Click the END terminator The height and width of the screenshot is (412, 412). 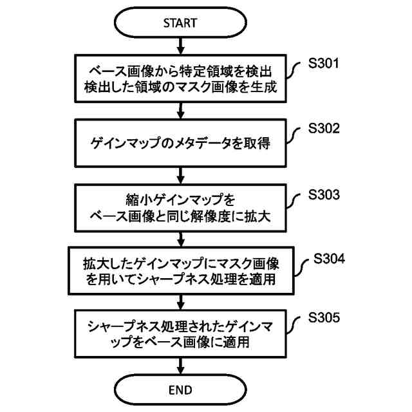click(180, 389)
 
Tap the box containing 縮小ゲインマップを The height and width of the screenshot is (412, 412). click(180, 208)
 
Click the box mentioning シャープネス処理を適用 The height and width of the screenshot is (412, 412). click(180, 271)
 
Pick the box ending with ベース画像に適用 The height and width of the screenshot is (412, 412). click(180, 334)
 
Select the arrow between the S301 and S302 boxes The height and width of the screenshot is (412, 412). click(180, 111)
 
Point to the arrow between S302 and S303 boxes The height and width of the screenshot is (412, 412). click(180, 174)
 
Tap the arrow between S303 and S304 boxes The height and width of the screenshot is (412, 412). click(180, 239)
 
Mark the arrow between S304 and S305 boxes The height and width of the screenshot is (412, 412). click(180, 303)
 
